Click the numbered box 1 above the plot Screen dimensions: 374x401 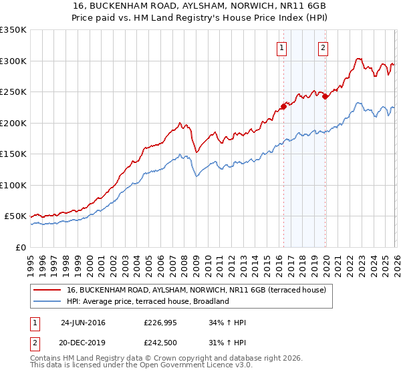[x=281, y=47]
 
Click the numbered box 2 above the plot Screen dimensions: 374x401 [x=323, y=47]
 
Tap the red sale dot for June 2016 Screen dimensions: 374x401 [x=283, y=106]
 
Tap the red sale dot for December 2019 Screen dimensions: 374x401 [x=325, y=96]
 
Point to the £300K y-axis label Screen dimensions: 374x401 [x=13, y=61]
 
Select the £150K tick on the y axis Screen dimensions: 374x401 [x=13, y=154]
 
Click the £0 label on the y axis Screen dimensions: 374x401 [x=20, y=248]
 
